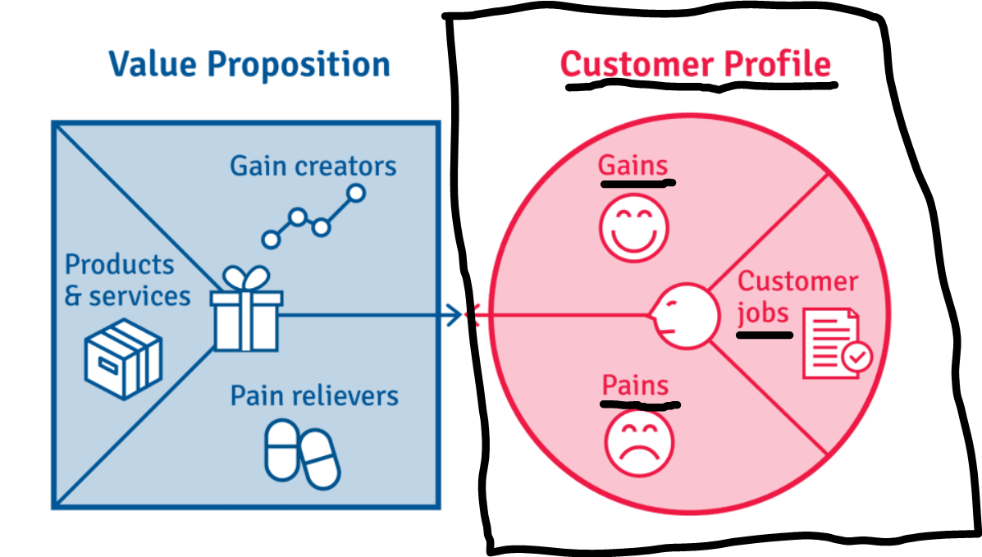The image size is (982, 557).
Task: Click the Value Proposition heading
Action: coord(249,64)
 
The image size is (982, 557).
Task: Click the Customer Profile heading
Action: coord(695,65)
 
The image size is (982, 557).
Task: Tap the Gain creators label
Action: coord(313,166)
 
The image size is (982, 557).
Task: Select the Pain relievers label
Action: coord(314,396)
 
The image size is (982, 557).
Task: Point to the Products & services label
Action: coord(127,280)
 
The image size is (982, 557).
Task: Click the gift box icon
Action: coord(246,312)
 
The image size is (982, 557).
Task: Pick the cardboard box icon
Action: coord(124,358)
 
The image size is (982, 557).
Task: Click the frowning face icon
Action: coord(638,442)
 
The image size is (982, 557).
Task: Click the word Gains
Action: coord(633,166)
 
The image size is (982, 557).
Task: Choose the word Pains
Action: coord(635,386)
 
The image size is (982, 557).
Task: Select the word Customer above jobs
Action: coord(797,281)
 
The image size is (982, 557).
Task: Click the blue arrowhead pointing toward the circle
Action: coord(454,314)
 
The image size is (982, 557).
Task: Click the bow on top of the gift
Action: coord(246,277)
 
